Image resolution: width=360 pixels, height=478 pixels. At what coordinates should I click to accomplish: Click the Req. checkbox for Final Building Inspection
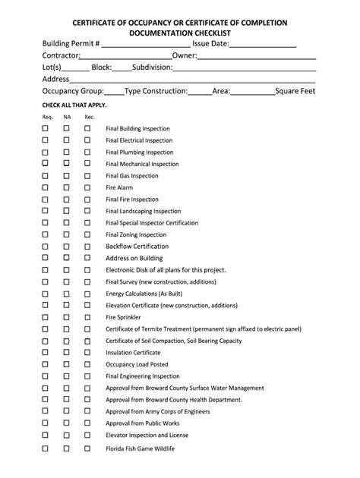(45, 128)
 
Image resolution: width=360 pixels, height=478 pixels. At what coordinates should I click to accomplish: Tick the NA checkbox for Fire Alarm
(66, 187)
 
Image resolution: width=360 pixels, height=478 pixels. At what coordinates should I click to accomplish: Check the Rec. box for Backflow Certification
(87, 247)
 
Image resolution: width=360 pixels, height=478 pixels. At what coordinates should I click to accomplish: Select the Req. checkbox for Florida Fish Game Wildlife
(45, 448)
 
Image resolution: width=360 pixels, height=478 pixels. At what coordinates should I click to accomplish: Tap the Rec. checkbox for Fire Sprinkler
(87, 317)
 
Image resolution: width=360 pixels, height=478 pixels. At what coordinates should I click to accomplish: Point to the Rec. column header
(89, 117)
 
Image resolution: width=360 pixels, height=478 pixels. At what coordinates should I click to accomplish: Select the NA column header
(67, 117)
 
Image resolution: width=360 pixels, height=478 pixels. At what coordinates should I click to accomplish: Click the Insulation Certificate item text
(133, 353)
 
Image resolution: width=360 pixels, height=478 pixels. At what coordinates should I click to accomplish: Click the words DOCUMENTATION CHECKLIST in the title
(178, 34)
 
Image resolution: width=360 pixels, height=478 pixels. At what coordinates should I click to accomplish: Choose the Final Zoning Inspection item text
(136, 234)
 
